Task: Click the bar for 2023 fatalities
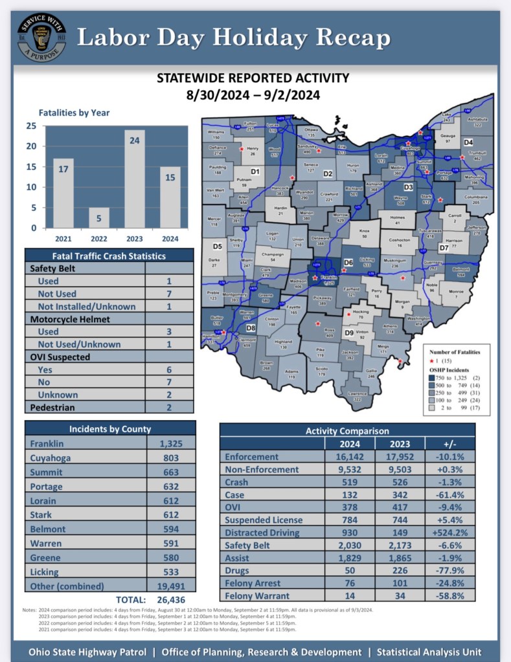click(x=135, y=179)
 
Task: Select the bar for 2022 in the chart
click(x=99, y=217)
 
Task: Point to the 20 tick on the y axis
click(x=30, y=146)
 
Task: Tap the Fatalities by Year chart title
click(x=74, y=113)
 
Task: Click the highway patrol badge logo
click(x=41, y=37)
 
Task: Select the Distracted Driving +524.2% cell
click(x=450, y=533)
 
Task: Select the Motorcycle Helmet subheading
click(x=69, y=319)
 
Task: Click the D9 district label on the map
click(x=348, y=333)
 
